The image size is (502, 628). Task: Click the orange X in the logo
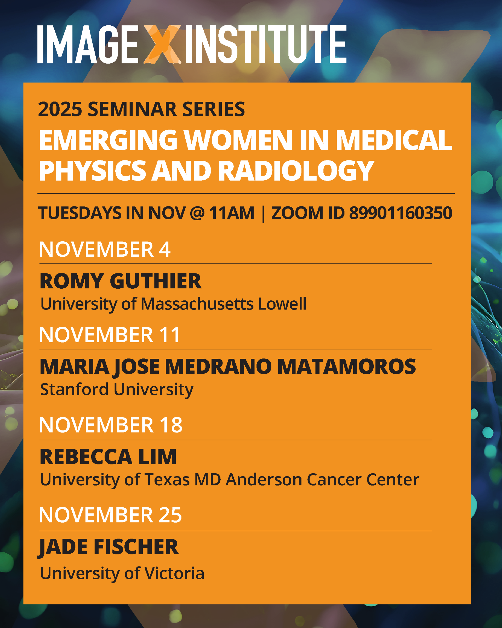(162, 44)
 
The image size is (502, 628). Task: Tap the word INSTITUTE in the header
(266, 44)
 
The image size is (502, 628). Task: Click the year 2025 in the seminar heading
(60, 109)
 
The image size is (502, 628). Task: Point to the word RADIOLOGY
(296, 171)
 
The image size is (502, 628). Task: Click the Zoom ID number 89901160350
(401, 213)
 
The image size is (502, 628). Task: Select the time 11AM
(231, 213)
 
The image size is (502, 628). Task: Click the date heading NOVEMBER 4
(105, 249)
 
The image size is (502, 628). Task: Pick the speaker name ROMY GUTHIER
(121, 281)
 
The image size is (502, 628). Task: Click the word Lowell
(282, 304)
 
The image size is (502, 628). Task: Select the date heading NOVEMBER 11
(110, 335)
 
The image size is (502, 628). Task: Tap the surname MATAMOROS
(347, 366)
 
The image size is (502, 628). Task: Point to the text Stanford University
(117, 390)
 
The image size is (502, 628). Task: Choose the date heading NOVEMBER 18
(111, 425)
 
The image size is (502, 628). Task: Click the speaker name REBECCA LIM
(108, 457)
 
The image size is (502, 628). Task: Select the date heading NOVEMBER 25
(111, 515)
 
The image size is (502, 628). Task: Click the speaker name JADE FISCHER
(108, 547)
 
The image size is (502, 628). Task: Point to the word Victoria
(174, 574)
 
